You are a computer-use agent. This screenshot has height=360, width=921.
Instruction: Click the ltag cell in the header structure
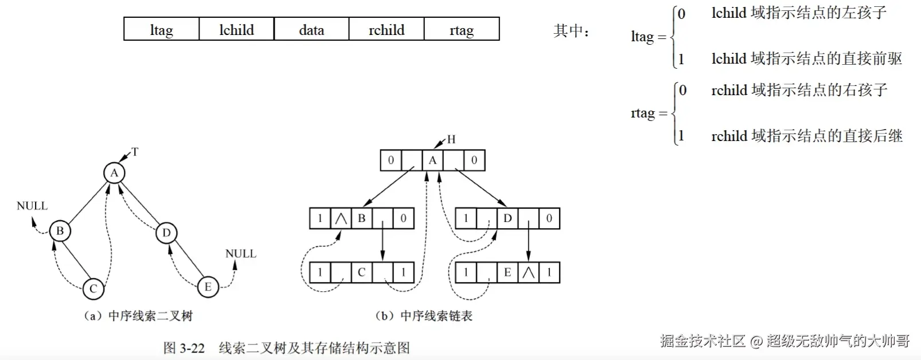coord(161,29)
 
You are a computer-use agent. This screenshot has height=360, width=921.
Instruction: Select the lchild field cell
coord(236,29)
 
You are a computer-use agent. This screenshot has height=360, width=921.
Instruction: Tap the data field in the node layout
coord(311,29)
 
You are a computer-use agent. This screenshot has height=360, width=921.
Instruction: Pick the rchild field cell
coord(387,29)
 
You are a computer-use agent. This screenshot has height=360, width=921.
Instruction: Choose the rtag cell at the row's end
coord(462,29)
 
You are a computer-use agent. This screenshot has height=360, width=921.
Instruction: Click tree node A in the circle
coord(114,173)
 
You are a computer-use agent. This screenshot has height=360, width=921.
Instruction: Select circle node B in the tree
coord(60,231)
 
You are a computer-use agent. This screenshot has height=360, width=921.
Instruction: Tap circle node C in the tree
coord(93,288)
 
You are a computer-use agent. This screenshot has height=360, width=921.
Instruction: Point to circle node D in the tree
coord(166,233)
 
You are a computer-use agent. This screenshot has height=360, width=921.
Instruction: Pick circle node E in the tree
coord(208,287)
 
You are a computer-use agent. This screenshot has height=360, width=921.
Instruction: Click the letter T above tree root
coord(135,152)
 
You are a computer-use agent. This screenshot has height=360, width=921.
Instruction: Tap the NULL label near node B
coord(32,206)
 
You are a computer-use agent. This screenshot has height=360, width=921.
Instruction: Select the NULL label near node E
coord(241,253)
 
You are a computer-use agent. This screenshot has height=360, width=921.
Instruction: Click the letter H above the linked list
coord(451,139)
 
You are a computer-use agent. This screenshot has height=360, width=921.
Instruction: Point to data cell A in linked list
coord(432,161)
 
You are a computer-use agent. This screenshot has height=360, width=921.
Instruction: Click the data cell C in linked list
coord(361,272)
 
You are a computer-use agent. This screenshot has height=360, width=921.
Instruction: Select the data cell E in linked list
coord(507,272)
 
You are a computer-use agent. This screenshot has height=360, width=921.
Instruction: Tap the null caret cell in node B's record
coord(341,218)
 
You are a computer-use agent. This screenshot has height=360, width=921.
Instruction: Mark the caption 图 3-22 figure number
coord(184,348)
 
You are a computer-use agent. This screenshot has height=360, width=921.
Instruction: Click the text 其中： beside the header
coord(571,31)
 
